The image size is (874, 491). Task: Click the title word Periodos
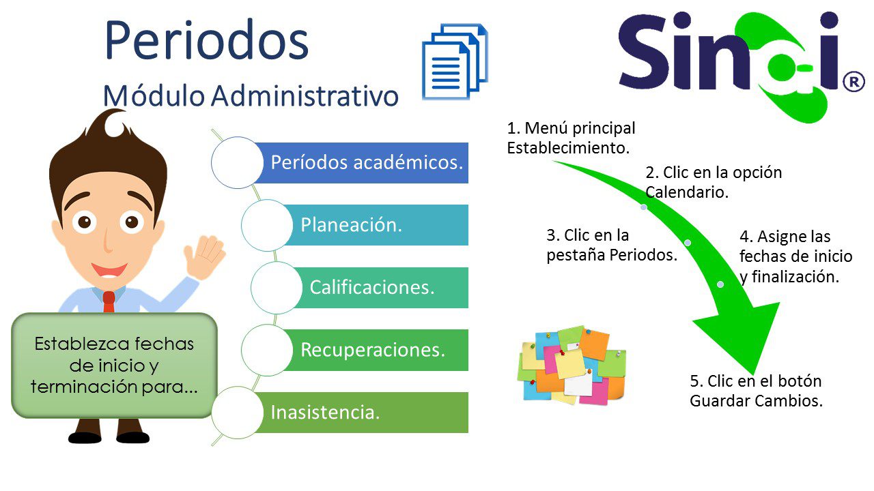207,40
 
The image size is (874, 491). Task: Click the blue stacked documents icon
455,61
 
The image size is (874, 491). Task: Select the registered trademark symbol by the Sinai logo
854,81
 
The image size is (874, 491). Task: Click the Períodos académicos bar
361,163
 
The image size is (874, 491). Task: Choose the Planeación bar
376,225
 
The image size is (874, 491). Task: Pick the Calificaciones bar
380,288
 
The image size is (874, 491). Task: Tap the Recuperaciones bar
376,350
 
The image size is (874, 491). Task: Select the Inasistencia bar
361,413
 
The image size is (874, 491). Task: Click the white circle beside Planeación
267,225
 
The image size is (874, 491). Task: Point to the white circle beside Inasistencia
237,413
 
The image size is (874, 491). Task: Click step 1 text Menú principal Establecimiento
571,138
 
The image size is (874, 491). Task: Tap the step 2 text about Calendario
714,182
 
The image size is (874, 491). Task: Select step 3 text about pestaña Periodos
611,245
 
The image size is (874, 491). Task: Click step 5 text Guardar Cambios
756,391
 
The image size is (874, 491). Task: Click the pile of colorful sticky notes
572,365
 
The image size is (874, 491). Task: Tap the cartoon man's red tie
109,301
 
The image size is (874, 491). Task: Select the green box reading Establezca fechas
114,366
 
